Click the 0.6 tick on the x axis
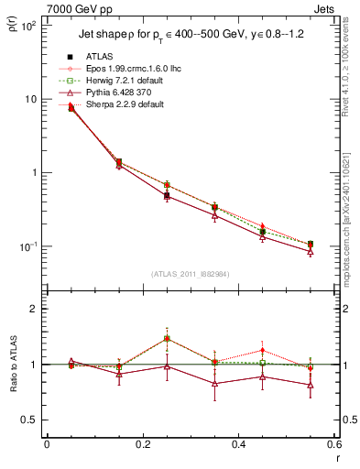tap(333, 447)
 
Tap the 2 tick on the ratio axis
tap(34, 309)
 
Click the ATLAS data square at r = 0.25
tap(167, 196)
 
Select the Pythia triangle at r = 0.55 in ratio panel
tap(311, 385)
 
